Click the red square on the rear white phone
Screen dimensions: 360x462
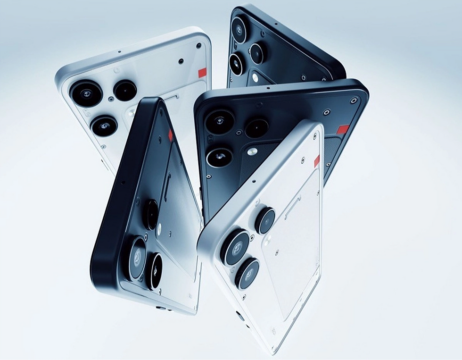[x=202, y=73]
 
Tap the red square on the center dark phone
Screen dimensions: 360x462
[x=343, y=129]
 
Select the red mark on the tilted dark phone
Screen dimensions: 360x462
[x=170, y=135]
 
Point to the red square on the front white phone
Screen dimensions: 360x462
[x=317, y=161]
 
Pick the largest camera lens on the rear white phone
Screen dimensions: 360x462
[x=86, y=93]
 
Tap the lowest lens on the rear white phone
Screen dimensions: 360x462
[x=104, y=126]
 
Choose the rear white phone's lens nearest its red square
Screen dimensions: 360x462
[x=125, y=90]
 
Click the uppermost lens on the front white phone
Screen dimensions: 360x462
[x=265, y=219]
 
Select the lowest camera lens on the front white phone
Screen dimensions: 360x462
[x=247, y=273]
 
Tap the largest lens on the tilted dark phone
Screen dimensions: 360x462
[x=136, y=258]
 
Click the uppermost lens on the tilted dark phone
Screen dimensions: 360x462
[x=151, y=215]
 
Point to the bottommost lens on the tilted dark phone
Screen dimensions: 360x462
[x=154, y=271]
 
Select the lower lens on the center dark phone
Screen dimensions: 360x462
[x=219, y=157]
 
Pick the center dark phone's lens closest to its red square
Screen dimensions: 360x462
[x=256, y=128]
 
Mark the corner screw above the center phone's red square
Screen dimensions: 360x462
[x=354, y=100]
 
